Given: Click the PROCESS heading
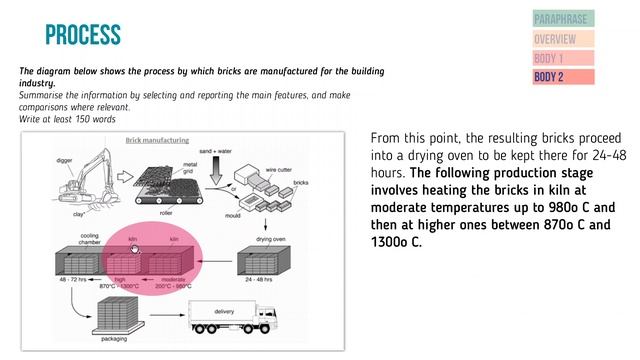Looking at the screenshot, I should pyautogui.click(x=83, y=36).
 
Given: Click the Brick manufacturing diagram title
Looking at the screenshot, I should pyautogui.click(x=156, y=141).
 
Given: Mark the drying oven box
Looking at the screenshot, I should pyautogui.click(x=262, y=261).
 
